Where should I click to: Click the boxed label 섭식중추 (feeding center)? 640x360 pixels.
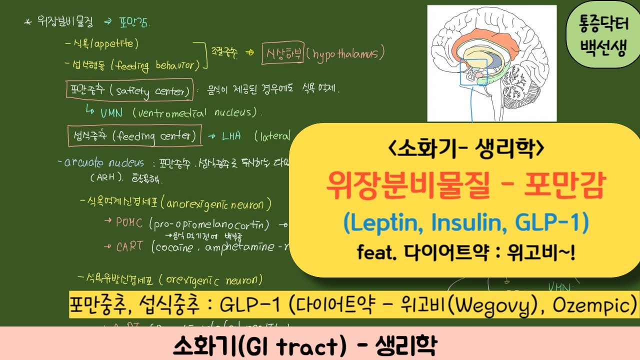tap(134, 135)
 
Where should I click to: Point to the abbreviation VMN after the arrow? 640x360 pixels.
tap(111, 112)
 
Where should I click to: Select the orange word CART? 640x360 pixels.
tap(129, 246)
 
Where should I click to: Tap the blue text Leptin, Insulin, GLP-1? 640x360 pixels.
tap(465, 224)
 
